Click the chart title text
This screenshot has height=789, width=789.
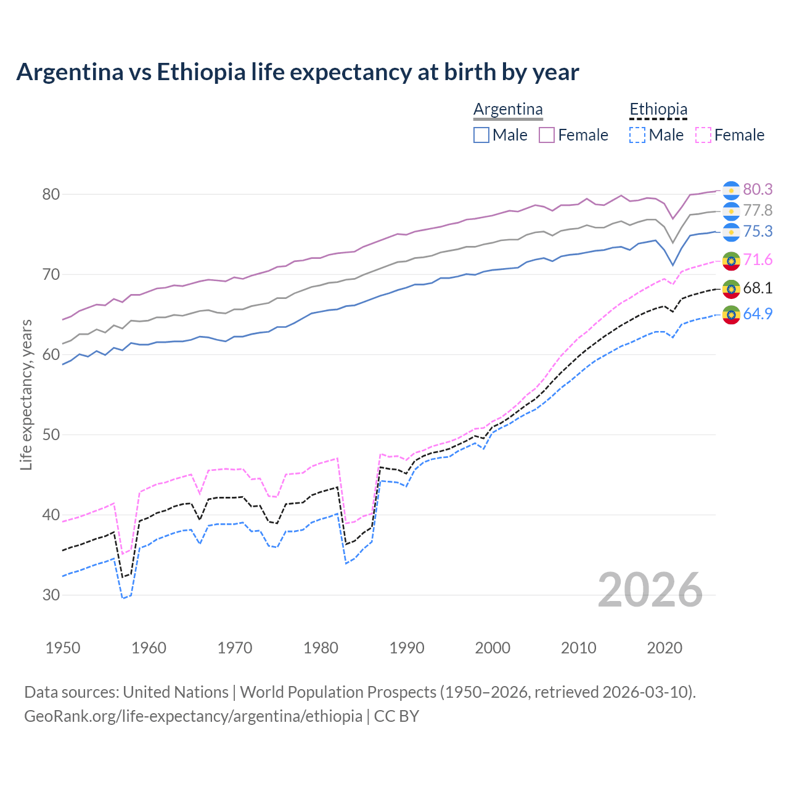pos(297,72)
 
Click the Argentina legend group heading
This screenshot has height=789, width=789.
pos(508,109)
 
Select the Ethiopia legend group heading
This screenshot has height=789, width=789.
pos(658,109)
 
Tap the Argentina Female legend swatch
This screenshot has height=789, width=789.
pos(547,135)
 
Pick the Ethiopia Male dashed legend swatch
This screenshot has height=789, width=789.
pos(637,135)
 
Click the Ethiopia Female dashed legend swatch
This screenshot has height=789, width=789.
pos(703,135)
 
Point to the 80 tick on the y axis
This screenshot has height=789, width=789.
pos(51,194)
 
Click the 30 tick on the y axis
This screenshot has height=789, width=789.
pos(51,595)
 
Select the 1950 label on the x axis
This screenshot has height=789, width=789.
pos(63,648)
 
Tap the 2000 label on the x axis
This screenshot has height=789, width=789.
pos(493,648)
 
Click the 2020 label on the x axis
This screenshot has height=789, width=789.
pos(664,648)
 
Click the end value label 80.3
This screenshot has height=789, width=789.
pos(758,189)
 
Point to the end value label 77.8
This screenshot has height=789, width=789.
pos(758,210)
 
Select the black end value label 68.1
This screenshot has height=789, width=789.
pos(758,288)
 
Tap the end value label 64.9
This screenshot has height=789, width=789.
pos(758,314)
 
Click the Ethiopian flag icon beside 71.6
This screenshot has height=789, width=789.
pos(731,261)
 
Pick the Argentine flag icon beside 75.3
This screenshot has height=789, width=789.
pos(731,232)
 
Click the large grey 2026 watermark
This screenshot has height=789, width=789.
pos(650,590)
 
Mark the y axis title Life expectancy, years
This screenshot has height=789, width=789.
pos(26,394)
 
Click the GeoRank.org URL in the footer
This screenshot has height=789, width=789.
pos(193,716)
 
